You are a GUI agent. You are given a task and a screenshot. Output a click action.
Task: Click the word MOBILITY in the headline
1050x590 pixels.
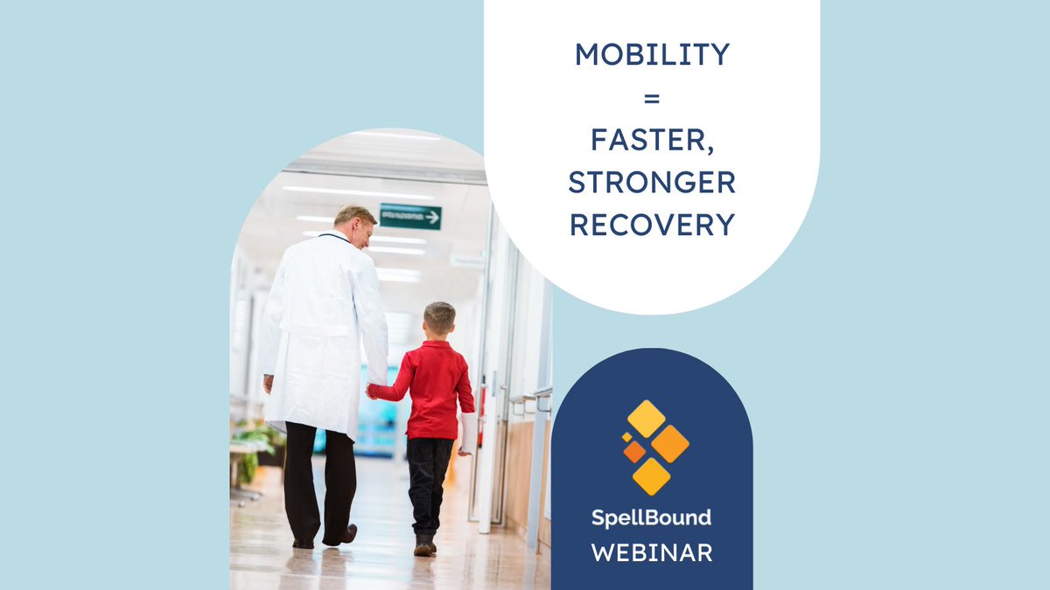click(x=652, y=54)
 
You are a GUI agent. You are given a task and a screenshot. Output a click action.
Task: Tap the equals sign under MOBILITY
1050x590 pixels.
click(x=652, y=99)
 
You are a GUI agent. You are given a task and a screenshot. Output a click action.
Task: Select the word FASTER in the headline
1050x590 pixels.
click(x=652, y=140)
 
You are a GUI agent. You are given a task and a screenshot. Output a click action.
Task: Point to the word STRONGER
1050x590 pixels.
click(x=652, y=182)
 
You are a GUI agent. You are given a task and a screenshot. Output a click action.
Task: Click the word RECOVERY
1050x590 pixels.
click(x=652, y=224)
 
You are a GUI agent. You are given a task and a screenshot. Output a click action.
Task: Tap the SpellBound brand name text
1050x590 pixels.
click(x=651, y=517)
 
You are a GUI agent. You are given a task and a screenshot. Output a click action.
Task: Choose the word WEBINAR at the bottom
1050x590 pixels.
click(x=651, y=553)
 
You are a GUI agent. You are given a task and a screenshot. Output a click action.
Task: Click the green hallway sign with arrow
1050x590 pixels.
click(x=409, y=216)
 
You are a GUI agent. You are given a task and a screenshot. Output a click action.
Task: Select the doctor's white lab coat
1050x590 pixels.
click(x=324, y=332)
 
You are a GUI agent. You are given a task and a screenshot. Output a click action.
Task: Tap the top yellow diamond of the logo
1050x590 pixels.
click(x=647, y=419)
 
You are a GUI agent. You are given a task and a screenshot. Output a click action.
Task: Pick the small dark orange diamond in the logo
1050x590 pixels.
click(x=633, y=451)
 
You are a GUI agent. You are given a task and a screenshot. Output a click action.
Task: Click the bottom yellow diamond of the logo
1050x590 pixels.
click(x=651, y=476)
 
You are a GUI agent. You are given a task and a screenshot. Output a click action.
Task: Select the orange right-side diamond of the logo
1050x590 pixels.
click(x=670, y=443)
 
